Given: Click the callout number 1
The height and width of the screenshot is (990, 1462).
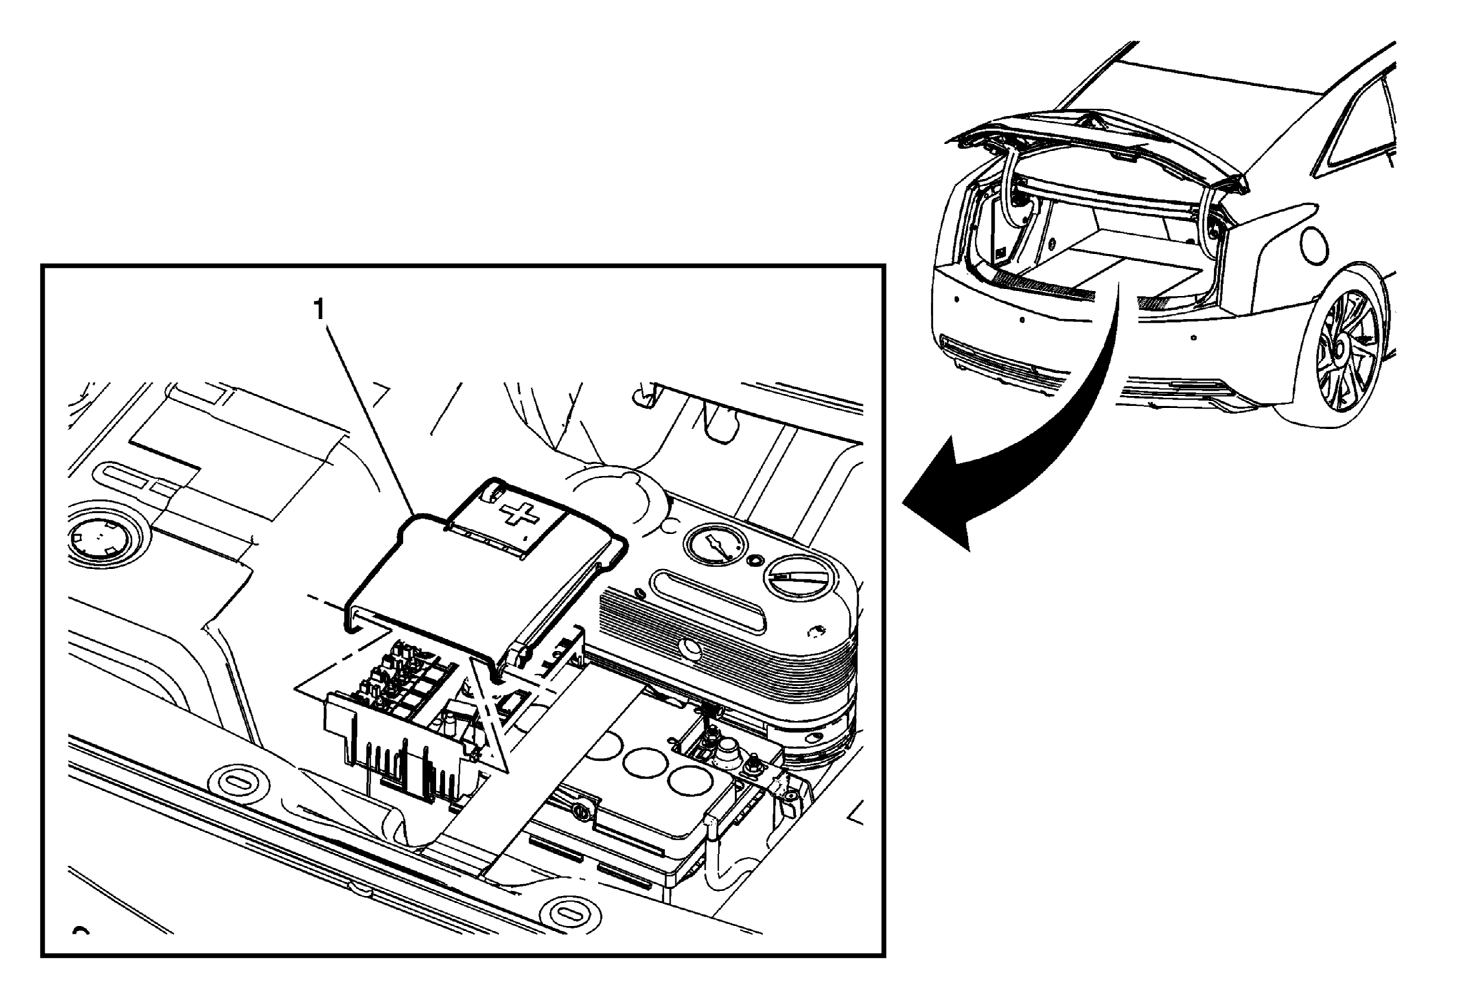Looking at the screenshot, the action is pos(318,311).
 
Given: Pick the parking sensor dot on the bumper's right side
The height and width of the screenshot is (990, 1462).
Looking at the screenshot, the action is pos(1195,337).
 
